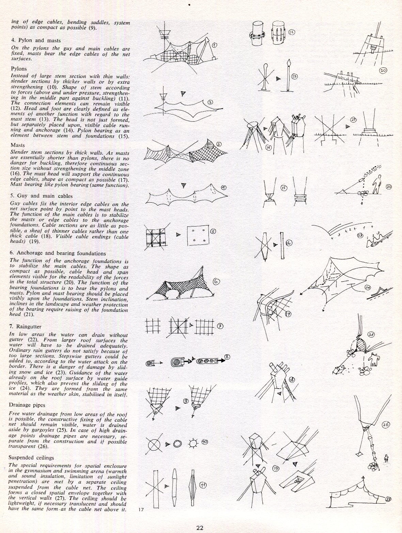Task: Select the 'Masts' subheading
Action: click(x=18, y=145)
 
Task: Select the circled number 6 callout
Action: click(x=216, y=281)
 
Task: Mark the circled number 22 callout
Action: click(x=389, y=187)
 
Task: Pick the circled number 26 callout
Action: click(x=386, y=425)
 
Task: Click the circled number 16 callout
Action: click(x=289, y=243)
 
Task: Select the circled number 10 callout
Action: click(x=204, y=442)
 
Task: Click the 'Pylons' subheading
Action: click(x=19, y=68)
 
